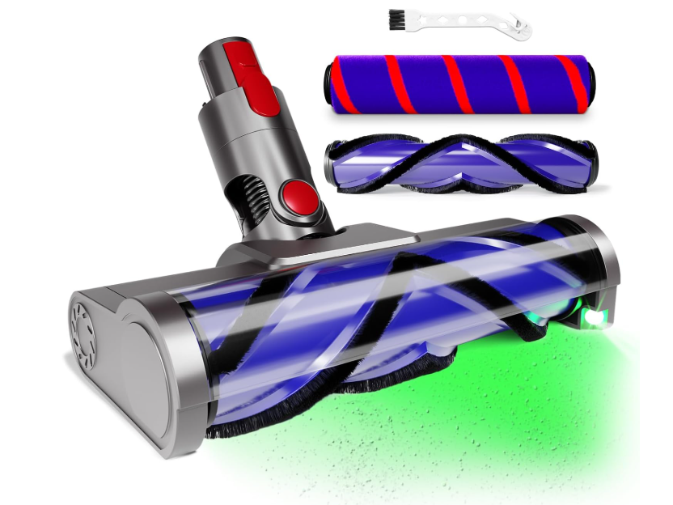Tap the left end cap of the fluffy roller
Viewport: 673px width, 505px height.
[331, 84]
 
